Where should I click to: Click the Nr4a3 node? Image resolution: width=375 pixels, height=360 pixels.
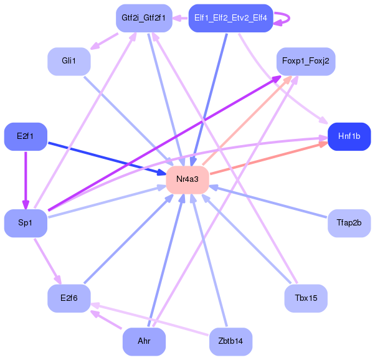pos(187,179)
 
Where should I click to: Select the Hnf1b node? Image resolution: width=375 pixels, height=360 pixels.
pos(349,136)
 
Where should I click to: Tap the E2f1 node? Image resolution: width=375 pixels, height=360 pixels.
pos(26,136)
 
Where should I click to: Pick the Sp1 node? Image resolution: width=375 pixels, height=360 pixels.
pos(26,223)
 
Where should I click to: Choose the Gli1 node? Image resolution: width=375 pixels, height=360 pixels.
pos(69,62)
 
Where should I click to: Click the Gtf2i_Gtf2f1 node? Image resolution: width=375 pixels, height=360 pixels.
pos(144,18)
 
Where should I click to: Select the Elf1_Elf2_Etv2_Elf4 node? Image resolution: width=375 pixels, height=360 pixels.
pos(230,18)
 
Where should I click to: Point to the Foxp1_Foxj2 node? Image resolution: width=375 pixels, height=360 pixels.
pos(306,62)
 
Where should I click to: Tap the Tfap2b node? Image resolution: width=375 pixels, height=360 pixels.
pos(349,223)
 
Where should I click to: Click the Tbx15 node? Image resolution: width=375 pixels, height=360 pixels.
pos(306,298)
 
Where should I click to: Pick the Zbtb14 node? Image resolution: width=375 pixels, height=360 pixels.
pos(230,341)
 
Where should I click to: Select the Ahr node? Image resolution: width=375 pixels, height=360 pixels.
pos(144,341)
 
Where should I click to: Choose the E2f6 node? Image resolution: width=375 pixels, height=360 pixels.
pos(69,298)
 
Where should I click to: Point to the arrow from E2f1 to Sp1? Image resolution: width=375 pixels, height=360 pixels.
pos(26,180)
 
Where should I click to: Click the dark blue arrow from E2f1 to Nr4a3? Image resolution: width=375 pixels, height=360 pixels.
pos(107,159)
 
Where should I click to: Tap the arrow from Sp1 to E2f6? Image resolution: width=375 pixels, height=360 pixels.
pos(47,262)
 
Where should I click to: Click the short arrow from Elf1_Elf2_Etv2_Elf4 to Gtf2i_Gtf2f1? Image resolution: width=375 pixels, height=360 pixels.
pos(180,18)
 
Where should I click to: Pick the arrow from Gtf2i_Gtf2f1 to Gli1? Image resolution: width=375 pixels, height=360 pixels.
pos(105,41)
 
